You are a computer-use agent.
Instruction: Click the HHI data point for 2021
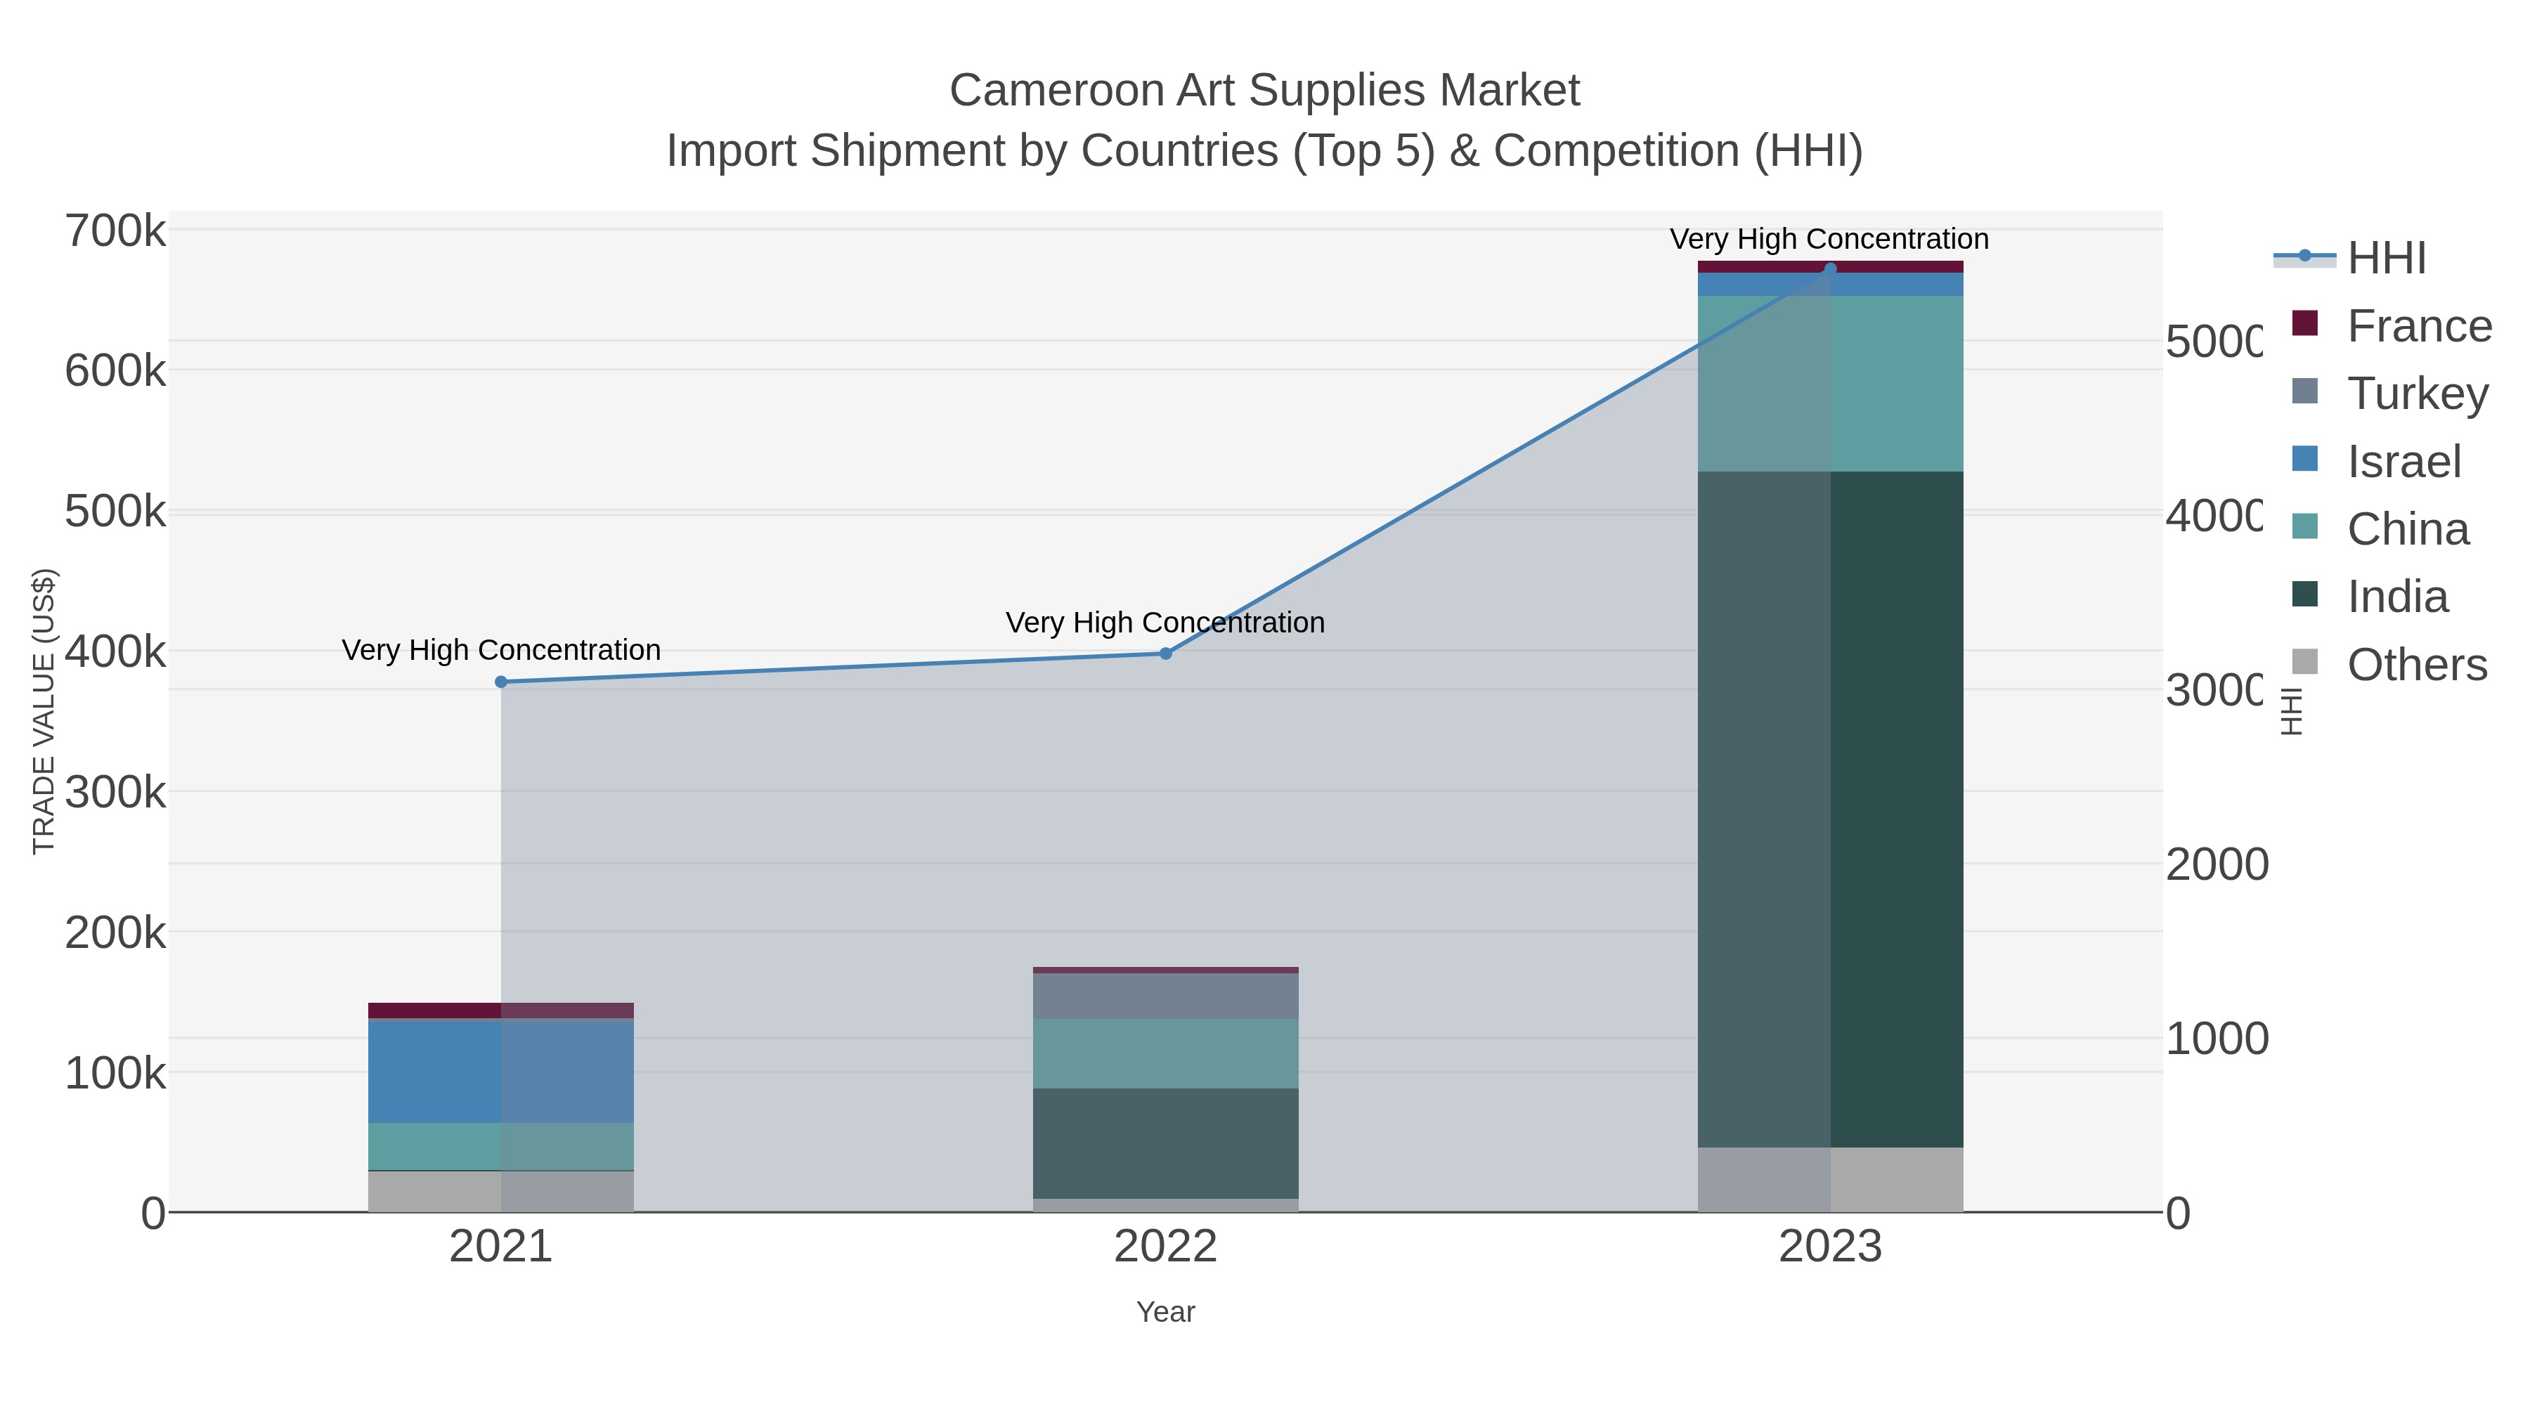tap(501, 682)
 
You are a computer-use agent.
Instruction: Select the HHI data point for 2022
tap(1166, 653)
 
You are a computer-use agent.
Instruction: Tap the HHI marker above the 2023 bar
tap(1830, 268)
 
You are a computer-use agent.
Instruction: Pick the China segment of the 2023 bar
tap(1830, 383)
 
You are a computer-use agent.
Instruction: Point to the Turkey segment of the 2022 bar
tap(1166, 995)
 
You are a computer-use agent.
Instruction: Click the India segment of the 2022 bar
tap(1166, 1142)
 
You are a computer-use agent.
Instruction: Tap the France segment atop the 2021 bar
tap(501, 1010)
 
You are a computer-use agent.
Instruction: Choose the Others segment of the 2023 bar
tap(1830, 1178)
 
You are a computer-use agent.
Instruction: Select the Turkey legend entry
tap(2417, 394)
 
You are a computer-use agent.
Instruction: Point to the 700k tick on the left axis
tap(115, 232)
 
